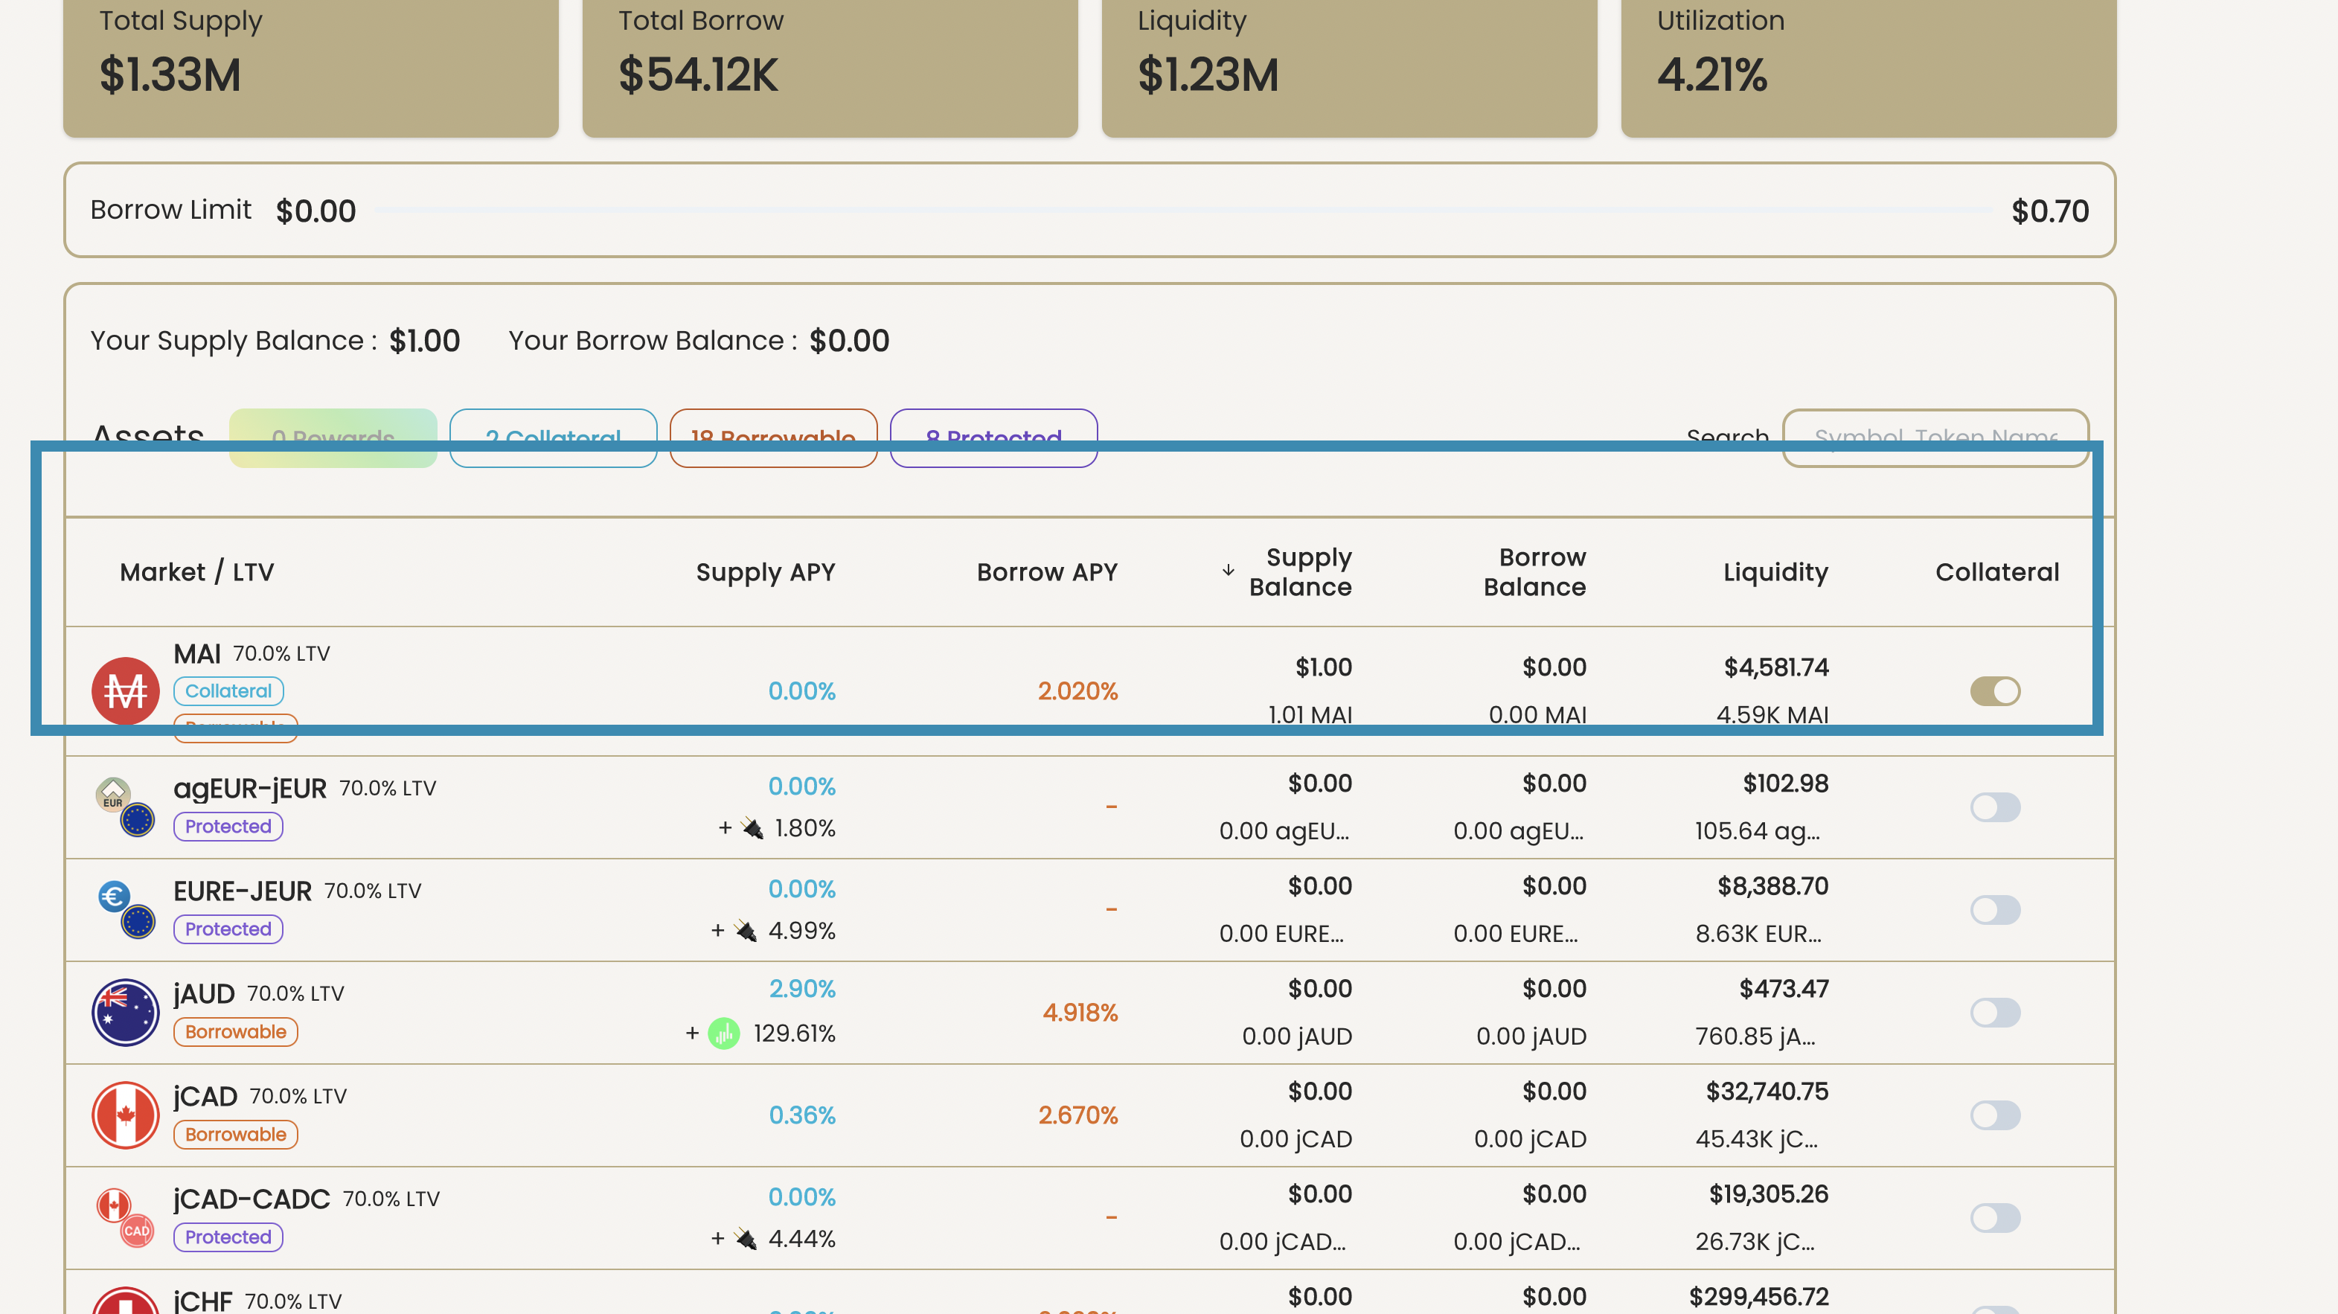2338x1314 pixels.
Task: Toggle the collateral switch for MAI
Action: [1994, 691]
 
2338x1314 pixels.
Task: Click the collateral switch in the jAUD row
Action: [1994, 1012]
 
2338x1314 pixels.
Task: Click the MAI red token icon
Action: [125, 690]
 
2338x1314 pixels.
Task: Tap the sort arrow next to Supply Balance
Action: [1228, 571]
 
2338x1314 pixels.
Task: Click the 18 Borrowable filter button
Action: [772, 438]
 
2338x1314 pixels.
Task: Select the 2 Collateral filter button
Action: [553, 438]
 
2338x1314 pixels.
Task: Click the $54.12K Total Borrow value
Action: [698, 74]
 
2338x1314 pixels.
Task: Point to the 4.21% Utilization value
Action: [1711, 74]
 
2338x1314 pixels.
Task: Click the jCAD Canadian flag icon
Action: [125, 1115]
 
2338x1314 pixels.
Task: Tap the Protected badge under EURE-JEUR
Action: [228, 929]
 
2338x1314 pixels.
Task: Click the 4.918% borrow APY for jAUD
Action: [1079, 1012]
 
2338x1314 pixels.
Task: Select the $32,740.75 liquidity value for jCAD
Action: [1767, 1091]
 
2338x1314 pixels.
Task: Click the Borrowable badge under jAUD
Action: [235, 1032]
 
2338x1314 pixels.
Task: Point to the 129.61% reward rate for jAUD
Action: [793, 1033]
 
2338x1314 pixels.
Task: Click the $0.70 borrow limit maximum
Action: [2049, 211]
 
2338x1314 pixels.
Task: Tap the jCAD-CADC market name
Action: [252, 1199]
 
